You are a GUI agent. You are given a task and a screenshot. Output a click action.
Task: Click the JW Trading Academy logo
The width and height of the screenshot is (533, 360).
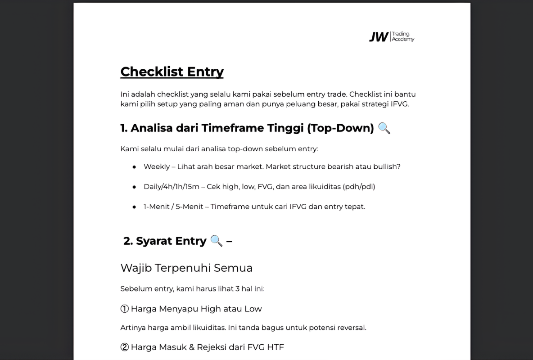(391, 36)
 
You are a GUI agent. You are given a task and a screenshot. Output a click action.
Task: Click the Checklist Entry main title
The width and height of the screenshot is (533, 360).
(172, 72)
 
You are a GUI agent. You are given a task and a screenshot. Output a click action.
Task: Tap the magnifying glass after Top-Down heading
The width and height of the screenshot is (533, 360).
(384, 128)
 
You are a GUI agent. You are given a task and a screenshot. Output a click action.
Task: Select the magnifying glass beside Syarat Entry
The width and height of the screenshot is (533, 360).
(216, 241)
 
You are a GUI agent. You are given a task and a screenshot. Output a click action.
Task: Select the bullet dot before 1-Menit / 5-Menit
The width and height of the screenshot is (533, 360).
(134, 207)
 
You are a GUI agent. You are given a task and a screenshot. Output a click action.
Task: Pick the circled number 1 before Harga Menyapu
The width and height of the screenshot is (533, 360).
(125, 309)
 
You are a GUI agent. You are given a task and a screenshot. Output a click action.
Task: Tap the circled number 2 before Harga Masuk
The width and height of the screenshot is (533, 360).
(125, 347)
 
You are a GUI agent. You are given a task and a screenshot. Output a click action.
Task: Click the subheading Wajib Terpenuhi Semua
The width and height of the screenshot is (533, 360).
(186, 268)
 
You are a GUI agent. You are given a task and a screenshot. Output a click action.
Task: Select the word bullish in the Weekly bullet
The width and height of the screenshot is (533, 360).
(385, 166)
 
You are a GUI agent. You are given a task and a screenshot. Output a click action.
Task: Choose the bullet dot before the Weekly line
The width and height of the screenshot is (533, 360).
(134, 167)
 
